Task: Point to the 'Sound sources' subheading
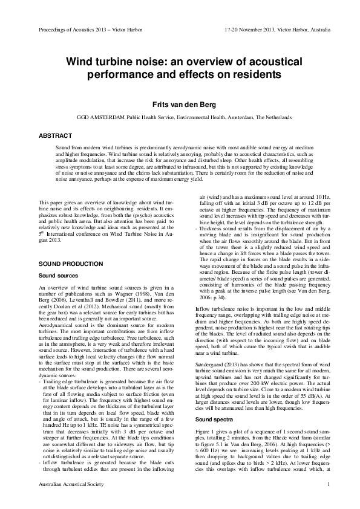59,276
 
